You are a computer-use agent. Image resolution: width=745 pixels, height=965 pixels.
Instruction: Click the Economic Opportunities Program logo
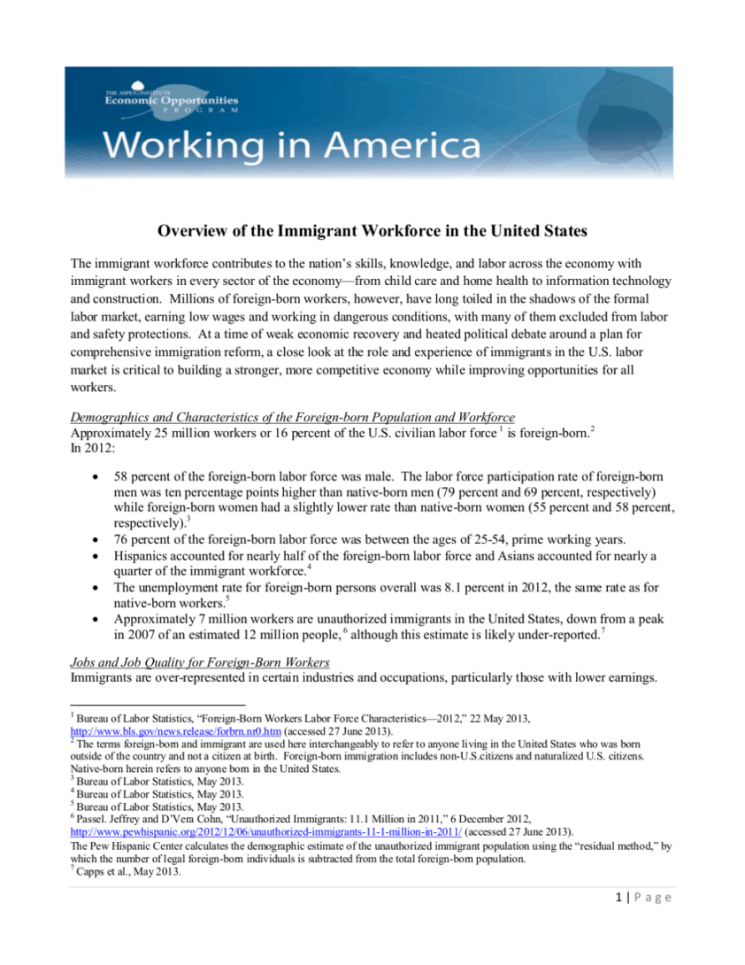click(171, 102)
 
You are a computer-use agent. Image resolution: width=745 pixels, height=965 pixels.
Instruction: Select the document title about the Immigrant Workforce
click(372, 232)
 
